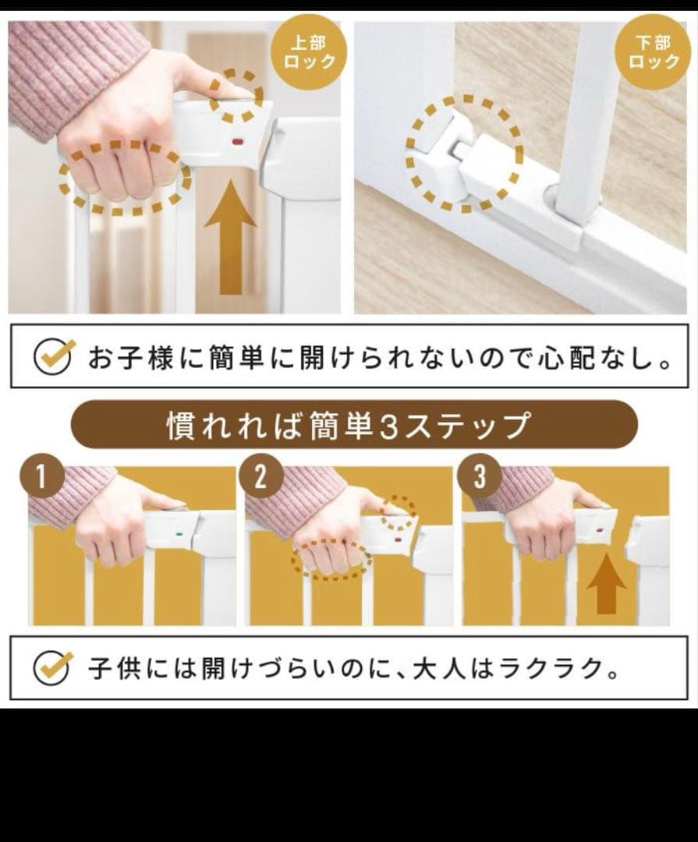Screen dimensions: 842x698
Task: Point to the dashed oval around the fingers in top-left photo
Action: tap(125, 177)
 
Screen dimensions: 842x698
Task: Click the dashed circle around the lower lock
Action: tap(465, 153)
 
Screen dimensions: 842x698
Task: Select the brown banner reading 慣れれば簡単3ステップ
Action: tap(354, 426)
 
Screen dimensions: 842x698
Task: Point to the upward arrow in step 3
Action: tap(606, 585)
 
